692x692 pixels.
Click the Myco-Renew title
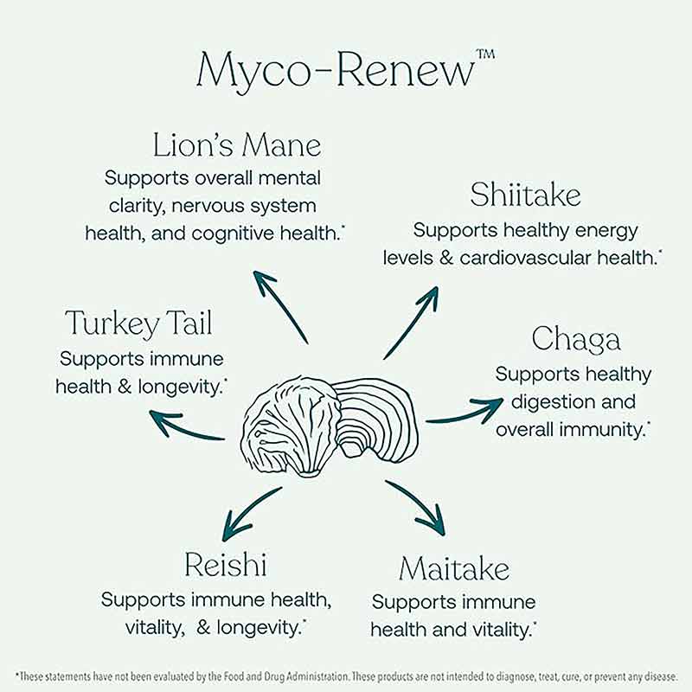point(336,72)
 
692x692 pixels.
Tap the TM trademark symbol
point(485,54)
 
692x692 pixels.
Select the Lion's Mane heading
point(236,145)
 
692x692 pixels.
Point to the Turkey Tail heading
point(138,323)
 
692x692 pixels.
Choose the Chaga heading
point(576,339)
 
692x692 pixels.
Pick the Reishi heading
point(226,564)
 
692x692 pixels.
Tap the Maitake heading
point(454,568)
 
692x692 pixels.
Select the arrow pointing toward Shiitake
point(412,322)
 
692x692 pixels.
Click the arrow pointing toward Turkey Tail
point(187,424)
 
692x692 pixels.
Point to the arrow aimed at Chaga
point(465,410)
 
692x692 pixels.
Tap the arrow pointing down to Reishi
point(252,513)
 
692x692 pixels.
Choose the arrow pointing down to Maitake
point(416,508)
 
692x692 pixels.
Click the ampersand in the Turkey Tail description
point(125,387)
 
